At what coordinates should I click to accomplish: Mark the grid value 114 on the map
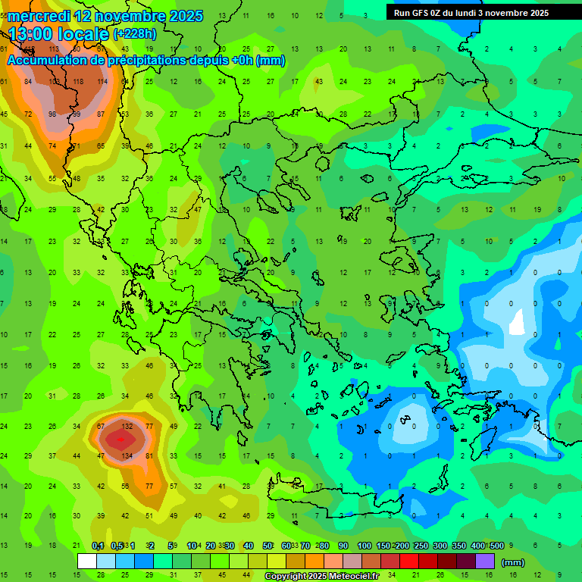[x=102, y=82]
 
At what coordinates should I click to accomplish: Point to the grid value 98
[x=52, y=114]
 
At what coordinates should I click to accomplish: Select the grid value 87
[x=101, y=114]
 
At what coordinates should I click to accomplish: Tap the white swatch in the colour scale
[x=87, y=562]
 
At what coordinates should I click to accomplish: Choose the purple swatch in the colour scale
[x=485, y=562]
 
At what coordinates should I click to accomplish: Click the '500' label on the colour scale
[x=496, y=546]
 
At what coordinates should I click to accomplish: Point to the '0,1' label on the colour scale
[x=98, y=546]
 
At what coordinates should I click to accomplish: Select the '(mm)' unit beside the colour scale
[x=513, y=562]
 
